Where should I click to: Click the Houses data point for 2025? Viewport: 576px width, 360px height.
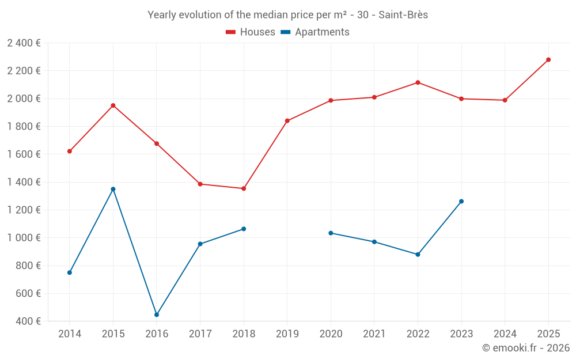click(x=548, y=60)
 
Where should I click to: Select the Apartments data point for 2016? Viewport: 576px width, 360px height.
click(x=157, y=315)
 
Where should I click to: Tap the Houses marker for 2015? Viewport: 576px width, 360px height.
click(x=113, y=105)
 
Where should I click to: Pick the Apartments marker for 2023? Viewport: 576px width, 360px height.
click(x=461, y=202)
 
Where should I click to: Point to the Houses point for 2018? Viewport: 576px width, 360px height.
click(x=244, y=188)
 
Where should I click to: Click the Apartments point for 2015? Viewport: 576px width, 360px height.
click(x=113, y=189)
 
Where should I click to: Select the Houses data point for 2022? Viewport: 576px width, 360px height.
click(x=418, y=82)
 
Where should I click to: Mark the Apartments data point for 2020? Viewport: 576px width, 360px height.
click(x=331, y=233)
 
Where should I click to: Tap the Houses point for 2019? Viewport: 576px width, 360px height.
click(x=287, y=121)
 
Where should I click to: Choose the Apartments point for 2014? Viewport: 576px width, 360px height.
click(x=70, y=272)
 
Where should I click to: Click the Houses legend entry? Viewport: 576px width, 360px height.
click(x=251, y=32)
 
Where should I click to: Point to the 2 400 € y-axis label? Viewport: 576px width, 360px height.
click(x=24, y=43)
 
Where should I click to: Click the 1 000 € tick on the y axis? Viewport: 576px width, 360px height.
click(x=24, y=238)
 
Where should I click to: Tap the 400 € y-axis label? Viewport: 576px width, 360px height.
click(x=28, y=321)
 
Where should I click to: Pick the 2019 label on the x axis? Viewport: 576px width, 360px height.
click(x=287, y=334)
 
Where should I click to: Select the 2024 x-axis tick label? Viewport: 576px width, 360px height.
click(x=505, y=334)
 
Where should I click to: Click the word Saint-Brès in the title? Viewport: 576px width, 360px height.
click(x=403, y=15)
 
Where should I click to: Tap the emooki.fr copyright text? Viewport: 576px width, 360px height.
click(x=526, y=348)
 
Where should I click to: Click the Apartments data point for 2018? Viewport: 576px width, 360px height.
click(x=244, y=229)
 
